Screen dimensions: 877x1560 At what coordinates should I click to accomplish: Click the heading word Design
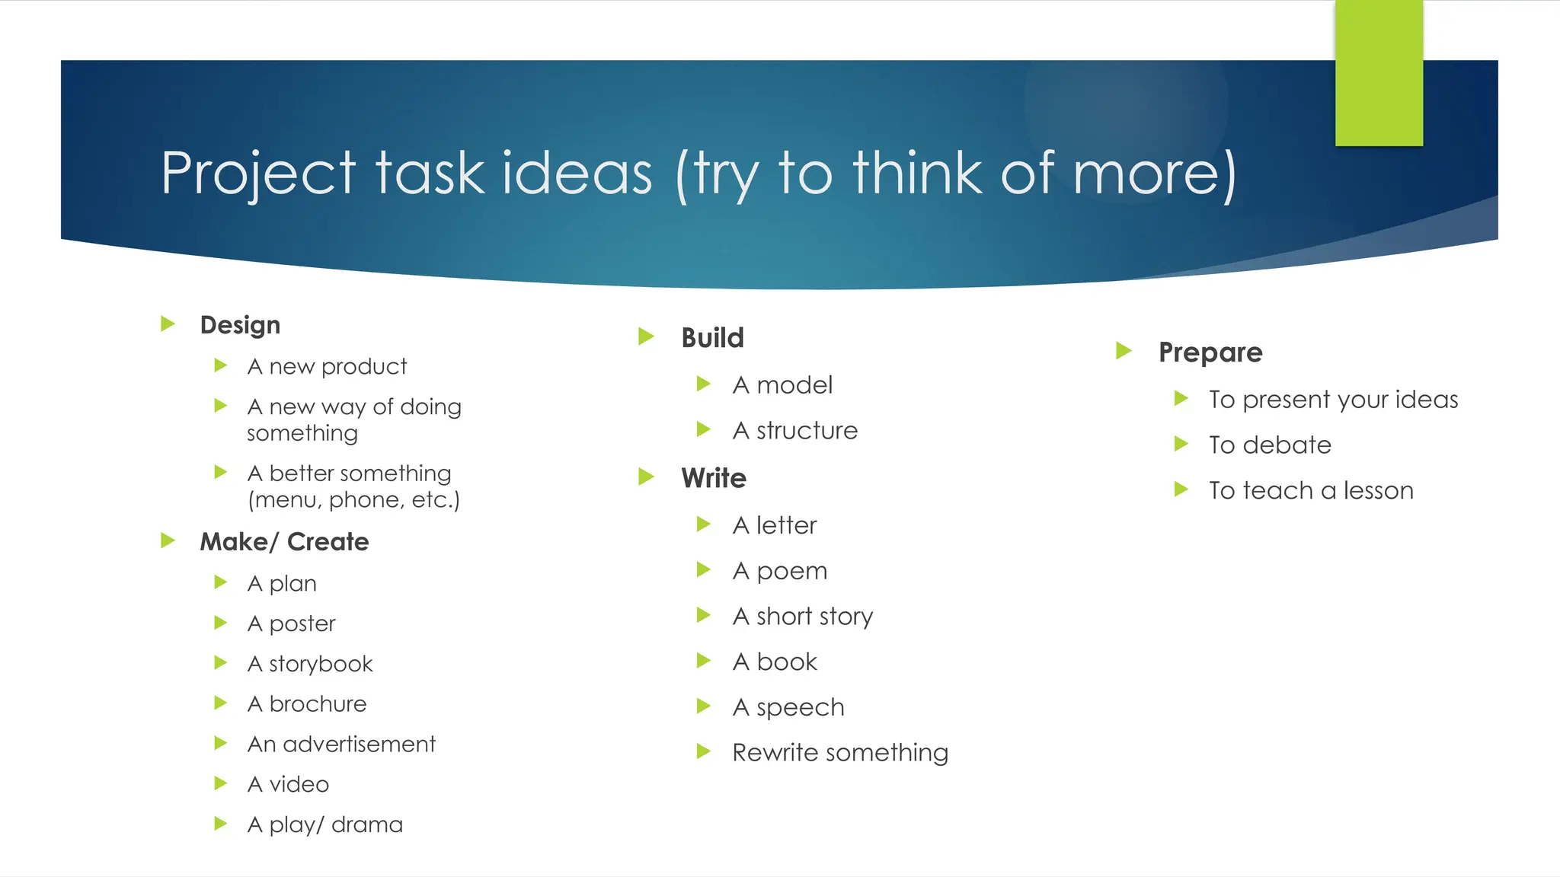(240, 325)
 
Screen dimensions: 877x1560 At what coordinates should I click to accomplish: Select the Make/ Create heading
(284, 542)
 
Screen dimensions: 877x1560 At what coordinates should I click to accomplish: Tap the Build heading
(712, 338)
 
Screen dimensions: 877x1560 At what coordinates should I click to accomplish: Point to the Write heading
(714, 478)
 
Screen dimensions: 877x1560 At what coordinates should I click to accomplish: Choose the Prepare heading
(1210, 352)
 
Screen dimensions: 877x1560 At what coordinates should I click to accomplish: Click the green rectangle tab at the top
(1379, 73)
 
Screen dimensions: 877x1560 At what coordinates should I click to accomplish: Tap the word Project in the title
(258, 174)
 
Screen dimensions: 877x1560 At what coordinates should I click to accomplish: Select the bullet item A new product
(327, 367)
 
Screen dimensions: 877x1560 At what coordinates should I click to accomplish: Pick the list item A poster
(291, 624)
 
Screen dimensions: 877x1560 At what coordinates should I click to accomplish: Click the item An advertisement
(341, 744)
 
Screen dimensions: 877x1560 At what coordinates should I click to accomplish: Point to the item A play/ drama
(324, 824)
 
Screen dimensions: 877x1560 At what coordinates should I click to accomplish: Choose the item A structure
(794, 431)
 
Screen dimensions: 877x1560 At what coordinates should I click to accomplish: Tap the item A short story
(802, 617)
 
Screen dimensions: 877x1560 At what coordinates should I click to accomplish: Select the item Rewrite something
(840, 753)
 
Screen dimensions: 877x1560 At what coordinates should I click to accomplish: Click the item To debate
(1270, 445)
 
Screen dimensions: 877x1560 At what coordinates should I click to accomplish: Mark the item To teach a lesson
(1311, 491)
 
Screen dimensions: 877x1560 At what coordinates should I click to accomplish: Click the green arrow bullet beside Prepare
(1123, 351)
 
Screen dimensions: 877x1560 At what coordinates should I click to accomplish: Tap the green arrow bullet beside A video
(221, 783)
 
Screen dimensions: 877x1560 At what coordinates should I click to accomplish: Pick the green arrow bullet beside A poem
(703, 569)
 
